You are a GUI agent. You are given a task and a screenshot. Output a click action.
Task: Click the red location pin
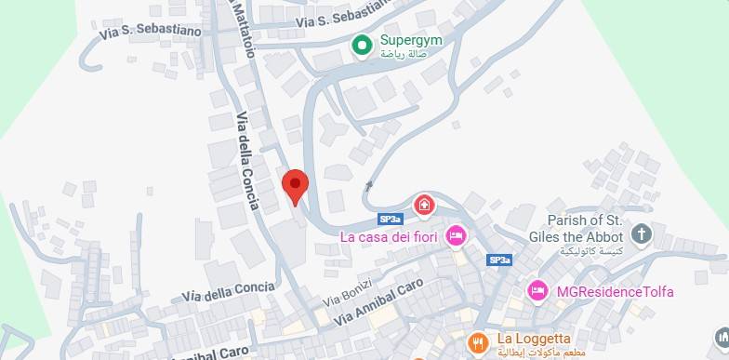coord(295,186)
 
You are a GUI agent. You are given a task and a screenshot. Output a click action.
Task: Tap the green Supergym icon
coord(362,44)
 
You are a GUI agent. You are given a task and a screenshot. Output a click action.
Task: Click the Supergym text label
coord(410,41)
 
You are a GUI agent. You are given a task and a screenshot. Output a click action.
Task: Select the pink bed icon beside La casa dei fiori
coord(456,235)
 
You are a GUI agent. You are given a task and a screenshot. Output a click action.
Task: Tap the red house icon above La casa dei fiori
coord(424,203)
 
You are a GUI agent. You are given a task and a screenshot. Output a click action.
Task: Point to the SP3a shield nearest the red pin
coord(391,220)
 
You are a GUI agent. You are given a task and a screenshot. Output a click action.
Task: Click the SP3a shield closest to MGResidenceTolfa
coord(499,260)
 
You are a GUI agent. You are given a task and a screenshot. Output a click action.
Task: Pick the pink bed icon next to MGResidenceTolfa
coord(537,291)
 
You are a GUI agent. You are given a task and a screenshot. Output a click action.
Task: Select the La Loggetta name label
coord(534,338)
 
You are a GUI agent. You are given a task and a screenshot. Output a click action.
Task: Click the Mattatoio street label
coord(241,28)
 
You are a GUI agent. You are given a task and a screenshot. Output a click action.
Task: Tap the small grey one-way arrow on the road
coord(369,185)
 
